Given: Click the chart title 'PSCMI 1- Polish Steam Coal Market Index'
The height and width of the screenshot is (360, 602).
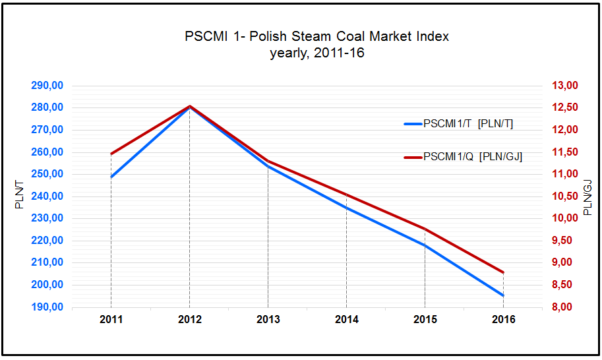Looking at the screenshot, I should (316, 36).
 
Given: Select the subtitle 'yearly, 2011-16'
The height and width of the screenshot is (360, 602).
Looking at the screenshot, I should (316, 53).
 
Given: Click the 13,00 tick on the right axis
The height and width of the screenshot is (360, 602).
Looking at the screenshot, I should (565, 86).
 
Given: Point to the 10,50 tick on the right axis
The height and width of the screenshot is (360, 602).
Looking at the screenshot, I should (565, 196).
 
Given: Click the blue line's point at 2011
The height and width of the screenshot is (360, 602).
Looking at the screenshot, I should (111, 177).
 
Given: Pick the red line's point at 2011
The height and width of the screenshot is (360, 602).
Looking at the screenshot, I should (111, 154).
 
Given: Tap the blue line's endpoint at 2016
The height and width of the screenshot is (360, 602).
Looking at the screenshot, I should (503, 295).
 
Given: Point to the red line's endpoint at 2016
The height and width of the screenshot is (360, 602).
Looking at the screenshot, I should (503, 272).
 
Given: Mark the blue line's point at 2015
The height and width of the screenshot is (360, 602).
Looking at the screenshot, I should (425, 245).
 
